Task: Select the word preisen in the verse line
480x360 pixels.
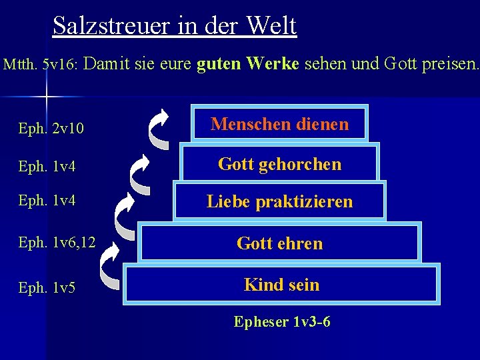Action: pos(449,65)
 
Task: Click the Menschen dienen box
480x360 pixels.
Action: pos(279,124)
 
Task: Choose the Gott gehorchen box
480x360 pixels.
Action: pos(279,164)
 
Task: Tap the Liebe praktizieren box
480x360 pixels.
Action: pos(279,201)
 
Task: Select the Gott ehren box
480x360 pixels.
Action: pos(279,243)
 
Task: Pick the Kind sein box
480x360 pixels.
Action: pos(281,285)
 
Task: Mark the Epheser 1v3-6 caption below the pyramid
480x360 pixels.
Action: pos(281,322)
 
